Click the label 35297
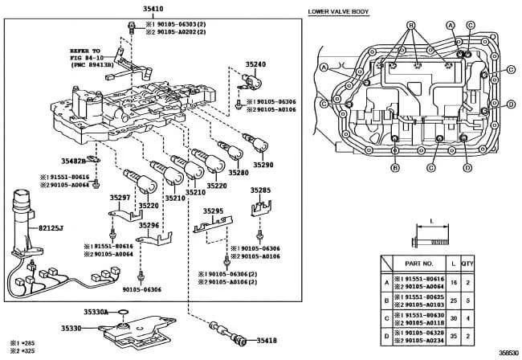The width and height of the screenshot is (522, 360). pyautogui.click(x=120, y=197)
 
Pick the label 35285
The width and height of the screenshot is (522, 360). pyautogui.click(x=259, y=190)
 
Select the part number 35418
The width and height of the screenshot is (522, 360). pyautogui.click(x=268, y=342)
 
